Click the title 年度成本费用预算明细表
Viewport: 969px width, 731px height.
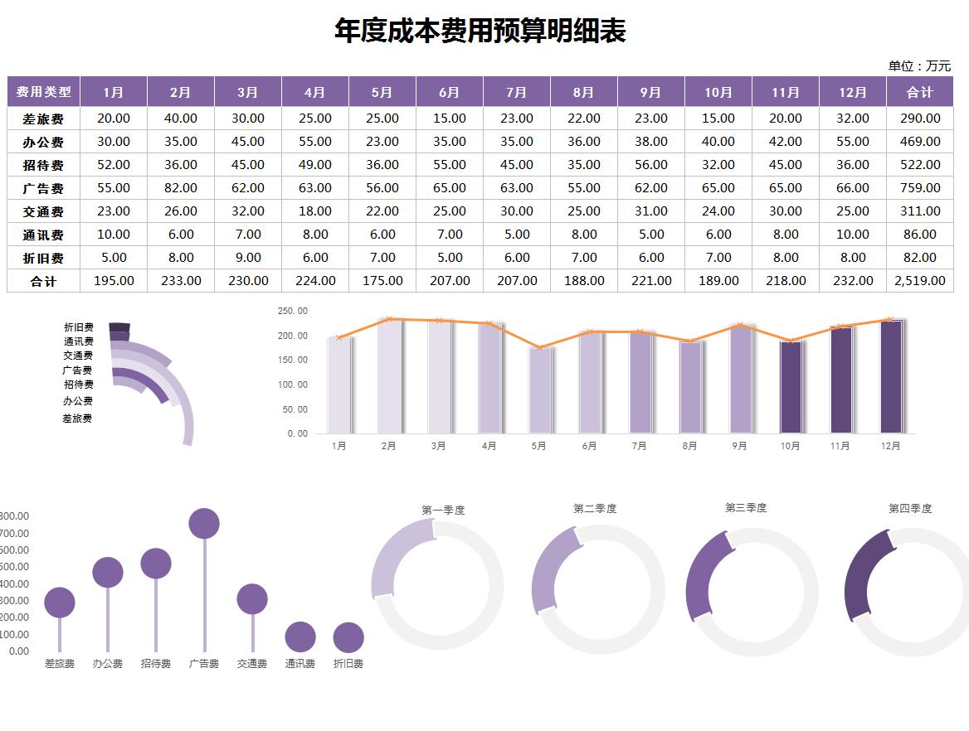[x=480, y=31]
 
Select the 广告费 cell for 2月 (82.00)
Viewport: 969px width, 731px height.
[x=181, y=188]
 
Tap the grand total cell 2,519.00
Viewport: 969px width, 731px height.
[x=919, y=281]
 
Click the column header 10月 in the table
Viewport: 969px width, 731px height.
[x=718, y=92]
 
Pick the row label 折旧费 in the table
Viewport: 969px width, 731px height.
[x=43, y=258]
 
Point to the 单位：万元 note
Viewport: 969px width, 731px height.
[x=919, y=66]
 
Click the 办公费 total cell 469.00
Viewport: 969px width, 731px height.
[x=919, y=142]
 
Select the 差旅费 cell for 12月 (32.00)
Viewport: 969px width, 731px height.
[x=853, y=119]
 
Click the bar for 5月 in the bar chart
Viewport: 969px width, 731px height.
[x=540, y=390]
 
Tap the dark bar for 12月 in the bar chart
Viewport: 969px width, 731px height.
[x=890, y=377]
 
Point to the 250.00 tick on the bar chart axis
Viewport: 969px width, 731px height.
[x=292, y=312]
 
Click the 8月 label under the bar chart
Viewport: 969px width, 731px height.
[x=690, y=446]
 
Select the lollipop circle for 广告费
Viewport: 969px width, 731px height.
[x=204, y=524]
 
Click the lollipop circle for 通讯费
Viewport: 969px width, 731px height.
[x=300, y=637]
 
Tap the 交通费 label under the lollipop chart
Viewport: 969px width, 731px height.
[x=252, y=664]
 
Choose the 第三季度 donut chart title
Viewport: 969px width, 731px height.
[x=746, y=508]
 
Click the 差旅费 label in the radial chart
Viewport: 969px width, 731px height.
[x=77, y=419]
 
